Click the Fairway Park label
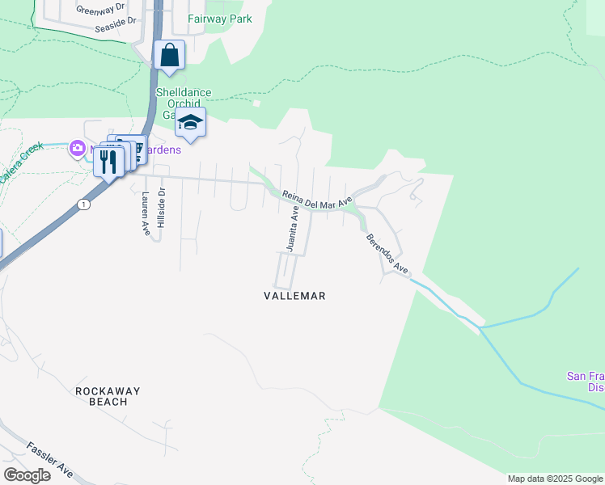(x=219, y=19)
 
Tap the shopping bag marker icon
(x=170, y=55)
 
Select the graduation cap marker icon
(x=190, y=122)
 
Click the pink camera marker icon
(x=77, y=147)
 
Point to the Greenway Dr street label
(x=102, y=10)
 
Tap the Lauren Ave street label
(x=146, y=214)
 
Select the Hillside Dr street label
(x=162, y=207)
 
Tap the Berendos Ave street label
(x=383, y=252)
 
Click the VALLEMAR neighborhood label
(x=294, y=296)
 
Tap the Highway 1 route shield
(x=84, y=205)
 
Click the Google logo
(x=27, y=474)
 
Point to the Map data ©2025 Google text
(x=555, y=479)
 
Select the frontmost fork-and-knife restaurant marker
(x=108, y=162)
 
